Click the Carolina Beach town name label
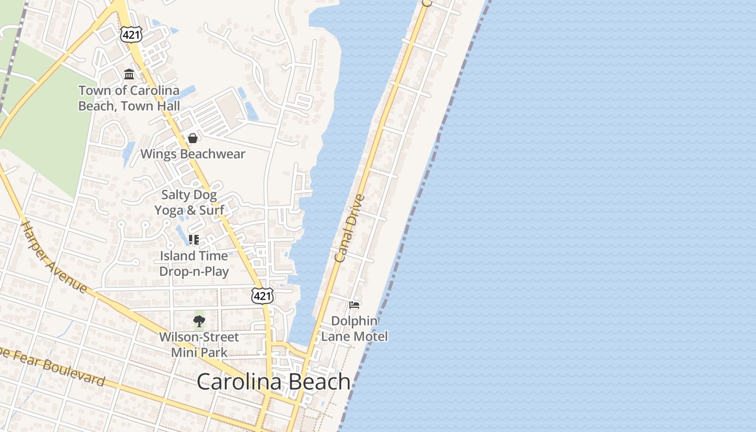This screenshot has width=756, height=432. pos(273,382)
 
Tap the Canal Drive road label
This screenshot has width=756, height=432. pos(350,228)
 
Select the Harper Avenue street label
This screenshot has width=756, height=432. pos(53,256)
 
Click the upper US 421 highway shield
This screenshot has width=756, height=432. pos(131,35)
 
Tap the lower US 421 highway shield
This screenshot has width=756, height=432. pos(262,295)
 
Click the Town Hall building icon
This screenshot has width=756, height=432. pos(129,74)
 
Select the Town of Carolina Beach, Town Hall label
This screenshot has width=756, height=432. pos(129,98)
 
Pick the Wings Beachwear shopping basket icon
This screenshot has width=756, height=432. pos(192,138)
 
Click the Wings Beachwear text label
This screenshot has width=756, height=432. pos(193,154)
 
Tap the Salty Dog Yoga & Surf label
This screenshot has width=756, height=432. pos(189,202)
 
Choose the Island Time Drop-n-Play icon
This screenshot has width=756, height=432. pos(194,239)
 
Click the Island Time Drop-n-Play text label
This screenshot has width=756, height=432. pos(194,263)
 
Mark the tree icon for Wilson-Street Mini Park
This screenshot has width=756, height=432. pos(199,322)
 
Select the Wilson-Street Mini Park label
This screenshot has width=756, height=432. pos(199,345)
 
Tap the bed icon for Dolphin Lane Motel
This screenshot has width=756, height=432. pos(354,305)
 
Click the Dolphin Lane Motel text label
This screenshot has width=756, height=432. pos(354,328)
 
